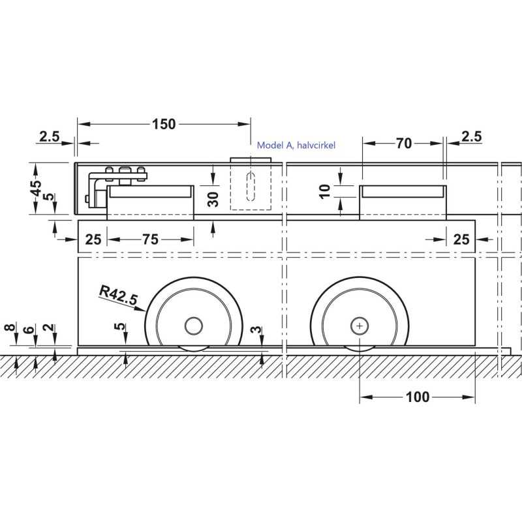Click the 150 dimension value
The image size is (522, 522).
pos(164,124)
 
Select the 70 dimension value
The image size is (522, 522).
pos(404,144)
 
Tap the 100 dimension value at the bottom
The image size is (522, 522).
pos(418,397)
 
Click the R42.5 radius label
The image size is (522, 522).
pos(118,296)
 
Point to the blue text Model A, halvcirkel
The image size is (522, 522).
pos(296,145)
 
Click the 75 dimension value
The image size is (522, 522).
pos(151,239)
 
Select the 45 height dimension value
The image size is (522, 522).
pos(36,189)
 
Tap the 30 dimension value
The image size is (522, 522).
pos(213,199)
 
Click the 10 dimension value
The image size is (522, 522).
pos(324,191)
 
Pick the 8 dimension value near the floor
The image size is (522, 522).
pos(10,328)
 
